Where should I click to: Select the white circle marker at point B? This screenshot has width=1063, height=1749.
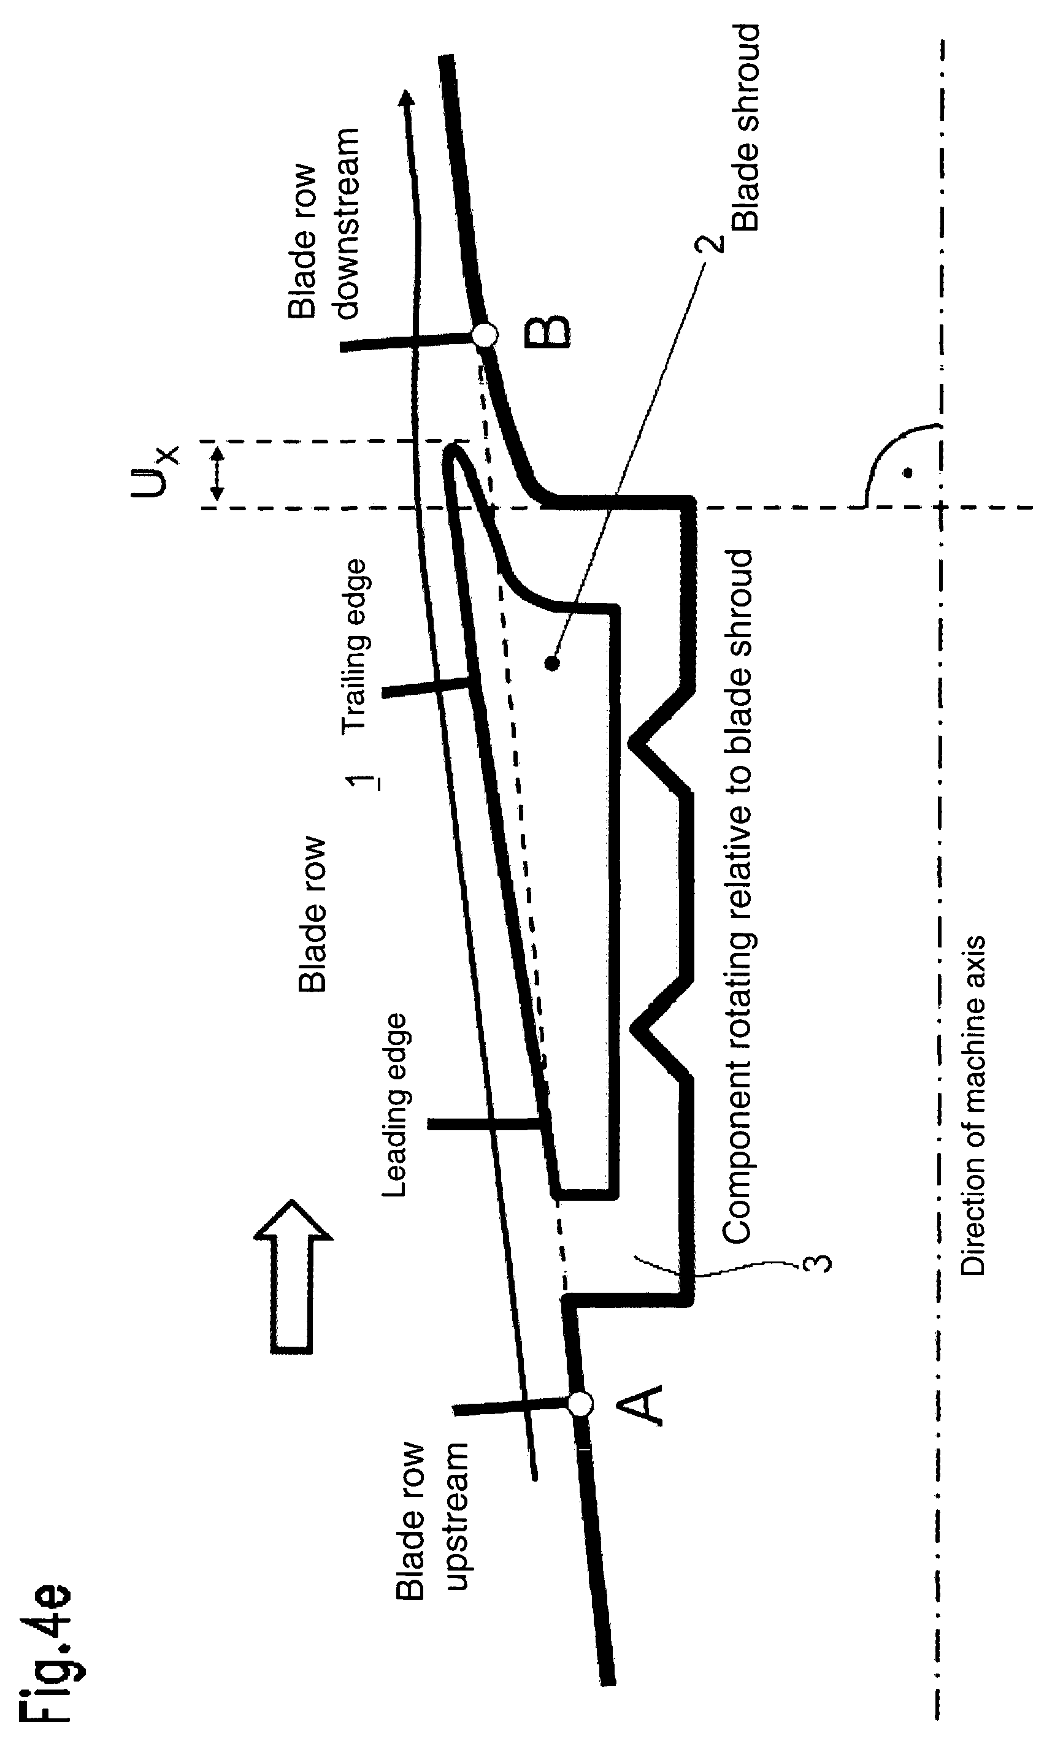485,334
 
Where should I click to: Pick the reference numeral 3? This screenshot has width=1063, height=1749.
817,1263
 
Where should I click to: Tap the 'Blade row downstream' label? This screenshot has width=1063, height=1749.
324,224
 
